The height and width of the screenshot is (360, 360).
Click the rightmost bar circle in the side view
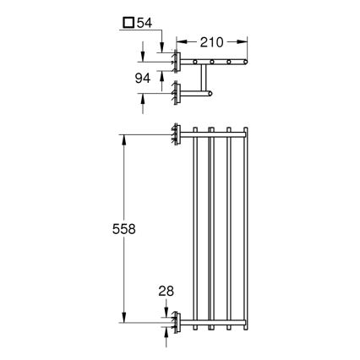point(244,61)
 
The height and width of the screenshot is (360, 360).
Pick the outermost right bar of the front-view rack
point(245,227)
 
